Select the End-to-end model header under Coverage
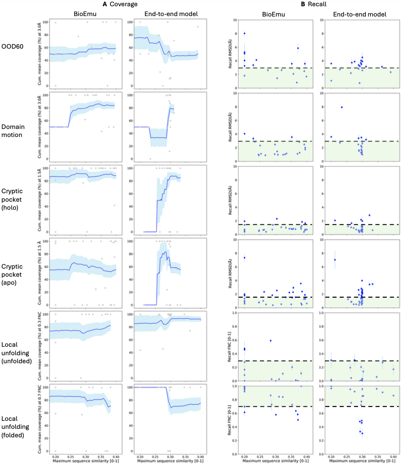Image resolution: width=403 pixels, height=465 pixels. (169, 14)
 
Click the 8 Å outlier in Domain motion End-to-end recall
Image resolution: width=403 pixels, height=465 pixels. (341, 107)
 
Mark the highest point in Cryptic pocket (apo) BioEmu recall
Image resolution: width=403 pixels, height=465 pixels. (244, 257)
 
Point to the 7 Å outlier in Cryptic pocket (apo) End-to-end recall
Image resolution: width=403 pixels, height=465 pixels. (335, 260)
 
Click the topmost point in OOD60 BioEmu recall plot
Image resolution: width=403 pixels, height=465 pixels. (244, 33)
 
